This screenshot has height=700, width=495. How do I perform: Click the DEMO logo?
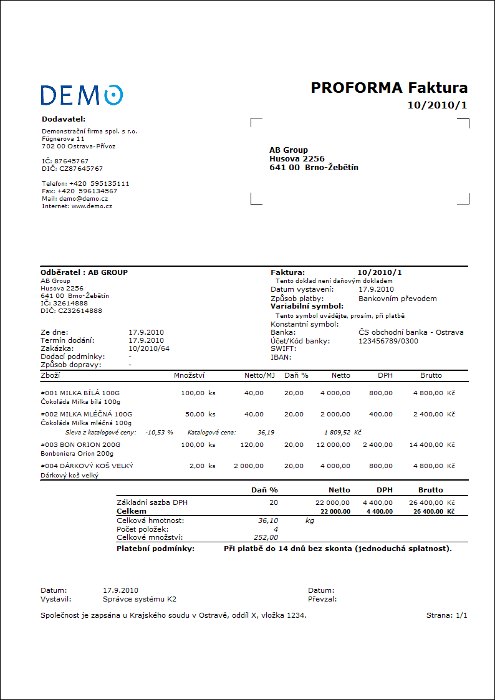click(x=82, y=95)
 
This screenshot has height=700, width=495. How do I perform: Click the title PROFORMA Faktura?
click(x=389, y=88)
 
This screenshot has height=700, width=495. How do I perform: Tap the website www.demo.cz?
click(x=92, y=206)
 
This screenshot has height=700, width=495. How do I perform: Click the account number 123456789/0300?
click(x=388, y=341)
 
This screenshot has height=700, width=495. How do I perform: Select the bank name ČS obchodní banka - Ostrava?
click(x=411, y=332)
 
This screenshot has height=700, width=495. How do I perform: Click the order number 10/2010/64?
click(x=149, y=348)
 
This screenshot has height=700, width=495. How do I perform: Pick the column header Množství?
click(x=189, y=375)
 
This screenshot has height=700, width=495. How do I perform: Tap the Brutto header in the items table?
click(x=431, y=375)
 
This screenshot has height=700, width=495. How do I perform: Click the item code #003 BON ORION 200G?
click(x=80, y=445)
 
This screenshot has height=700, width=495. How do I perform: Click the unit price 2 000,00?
click(x=248, y=466)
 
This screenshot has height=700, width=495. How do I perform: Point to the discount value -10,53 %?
click(x=159, y=431)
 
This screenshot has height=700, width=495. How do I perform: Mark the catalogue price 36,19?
click(x=266, y=431)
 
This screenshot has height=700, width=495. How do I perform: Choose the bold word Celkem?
click(x=132, y=511)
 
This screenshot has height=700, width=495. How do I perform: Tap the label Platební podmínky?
click(x=156, y=549)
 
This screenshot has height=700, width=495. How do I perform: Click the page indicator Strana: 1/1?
click(x=446, y=615)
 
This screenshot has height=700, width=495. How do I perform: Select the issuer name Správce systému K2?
click(x=140, y=599)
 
